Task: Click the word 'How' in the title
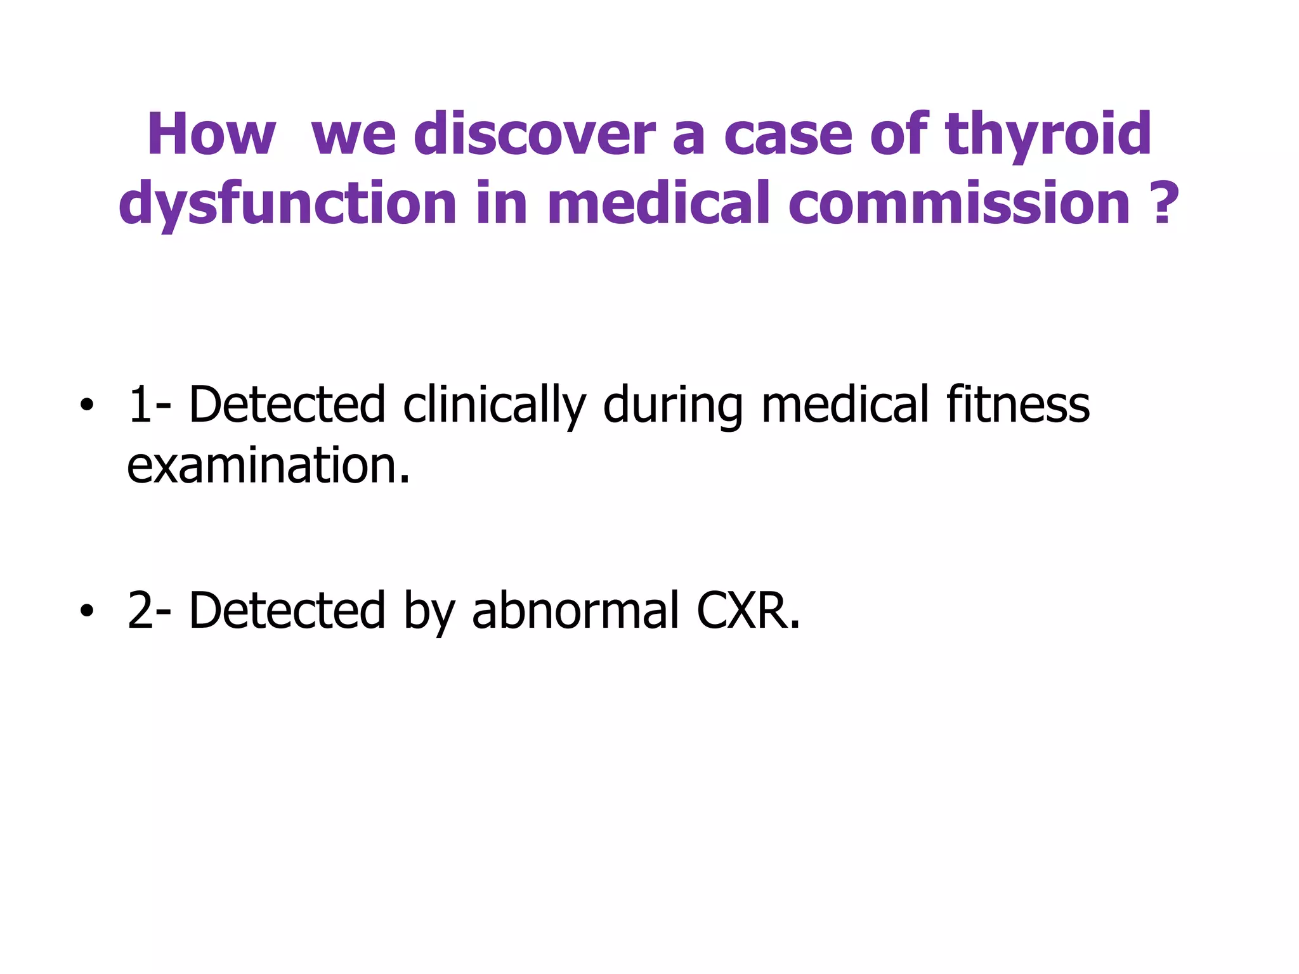click(211, 134)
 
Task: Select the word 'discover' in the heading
click(533, 134)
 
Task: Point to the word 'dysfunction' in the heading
click(287, 204)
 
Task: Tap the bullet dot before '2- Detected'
click(87, 611)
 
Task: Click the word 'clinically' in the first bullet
click(493, 406)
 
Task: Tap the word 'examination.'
click(268, 465)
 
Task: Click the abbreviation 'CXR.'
click(748, 611)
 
